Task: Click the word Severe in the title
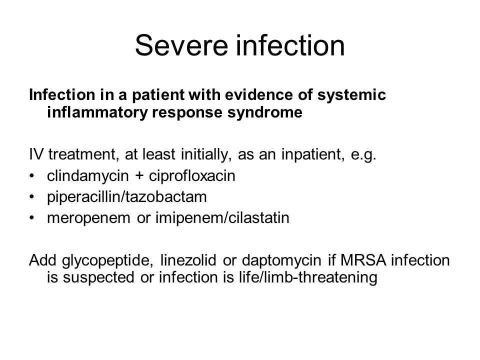coord(182,45)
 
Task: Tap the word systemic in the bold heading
coord(351,95)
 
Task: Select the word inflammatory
coord(97,112)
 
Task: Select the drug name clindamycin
coord(88,176)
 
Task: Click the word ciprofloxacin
coord(192,176)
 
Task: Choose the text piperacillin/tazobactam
coord(127,197)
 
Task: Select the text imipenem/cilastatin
coord(222,218)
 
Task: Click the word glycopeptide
coord(107,260)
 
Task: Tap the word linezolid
coord(188,260)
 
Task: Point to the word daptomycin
coord(281,260)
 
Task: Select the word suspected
coord(98,277)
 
